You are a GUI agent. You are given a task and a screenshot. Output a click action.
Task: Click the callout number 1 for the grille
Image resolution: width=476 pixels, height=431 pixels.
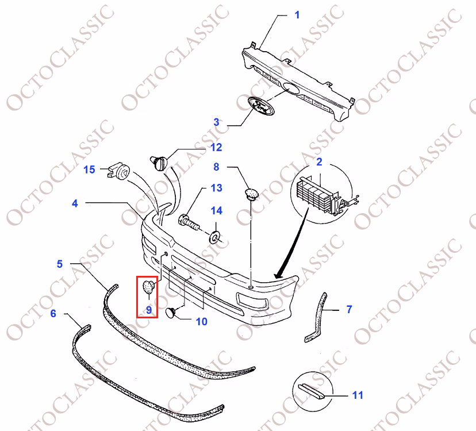coord(297,15)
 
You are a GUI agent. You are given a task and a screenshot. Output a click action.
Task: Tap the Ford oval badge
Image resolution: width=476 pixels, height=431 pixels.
coord(261,106)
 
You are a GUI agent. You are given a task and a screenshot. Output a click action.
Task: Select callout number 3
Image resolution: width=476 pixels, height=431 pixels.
coord(216,122)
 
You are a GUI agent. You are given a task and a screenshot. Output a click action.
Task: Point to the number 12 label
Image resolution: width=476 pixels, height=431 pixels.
coord(216,147)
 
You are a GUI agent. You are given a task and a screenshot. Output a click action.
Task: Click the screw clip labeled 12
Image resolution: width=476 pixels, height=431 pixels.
coord(159,163)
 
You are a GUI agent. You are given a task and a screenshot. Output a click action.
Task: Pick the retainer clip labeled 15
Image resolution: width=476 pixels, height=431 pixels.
coord(118,171)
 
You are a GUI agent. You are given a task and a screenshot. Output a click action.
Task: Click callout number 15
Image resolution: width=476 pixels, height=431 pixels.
coord(89,170)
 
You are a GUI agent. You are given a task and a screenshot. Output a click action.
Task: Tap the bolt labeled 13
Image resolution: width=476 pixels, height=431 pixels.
coord(189,222)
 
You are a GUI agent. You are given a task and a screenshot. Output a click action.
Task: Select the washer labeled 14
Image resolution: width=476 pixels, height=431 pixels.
coord(215,237)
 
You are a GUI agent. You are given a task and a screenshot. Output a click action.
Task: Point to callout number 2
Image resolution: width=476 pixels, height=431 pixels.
coord(319,162)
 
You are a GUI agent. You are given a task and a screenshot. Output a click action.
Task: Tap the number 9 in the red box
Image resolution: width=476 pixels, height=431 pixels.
coord(149,310)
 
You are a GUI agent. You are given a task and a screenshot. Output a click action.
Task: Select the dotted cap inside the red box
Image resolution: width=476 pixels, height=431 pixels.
coord(149,287)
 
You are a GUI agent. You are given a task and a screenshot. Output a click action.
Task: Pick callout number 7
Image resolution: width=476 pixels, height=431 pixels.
coord(349,309)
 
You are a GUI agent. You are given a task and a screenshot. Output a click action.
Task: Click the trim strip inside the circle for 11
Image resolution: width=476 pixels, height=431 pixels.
coord(312,391)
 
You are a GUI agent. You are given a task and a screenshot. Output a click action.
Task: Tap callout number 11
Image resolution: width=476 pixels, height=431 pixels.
coord(358,395)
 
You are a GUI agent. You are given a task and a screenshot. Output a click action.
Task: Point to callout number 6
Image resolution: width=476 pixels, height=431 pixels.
coord(53,313)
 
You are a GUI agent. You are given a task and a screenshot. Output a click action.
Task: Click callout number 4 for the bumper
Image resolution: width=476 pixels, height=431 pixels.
coord(75,203)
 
